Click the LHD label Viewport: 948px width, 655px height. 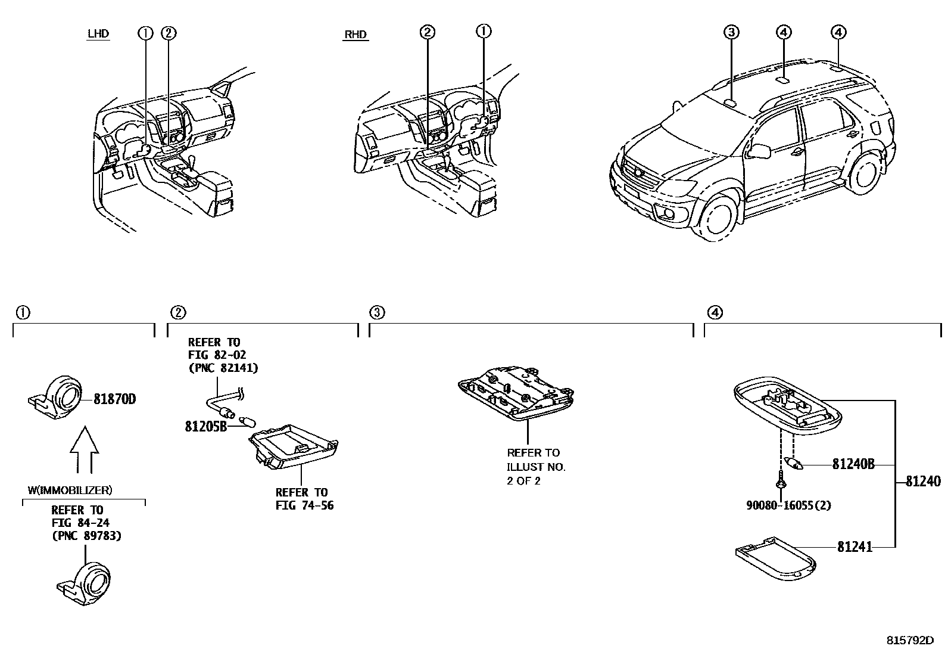click(x=98, y=33)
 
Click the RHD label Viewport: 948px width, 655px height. click(x=355, y=35)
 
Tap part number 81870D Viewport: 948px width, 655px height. click(x=114, y=399)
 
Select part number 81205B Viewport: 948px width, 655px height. click(x=205, y=427)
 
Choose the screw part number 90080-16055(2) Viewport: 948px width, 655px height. click(x=788, y=505)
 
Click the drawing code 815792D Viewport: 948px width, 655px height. click(x=910, y=641)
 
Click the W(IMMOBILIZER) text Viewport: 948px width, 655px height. click(x=70, y=491)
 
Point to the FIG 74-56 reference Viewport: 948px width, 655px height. click(x=304, y=506)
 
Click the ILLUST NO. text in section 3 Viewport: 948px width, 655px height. click(x=536, y=467)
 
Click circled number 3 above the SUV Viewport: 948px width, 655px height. click(x=731, y=32)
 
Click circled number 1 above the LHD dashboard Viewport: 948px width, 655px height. click(x=145, y=33)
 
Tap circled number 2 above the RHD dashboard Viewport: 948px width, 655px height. click(x=427, y=32)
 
